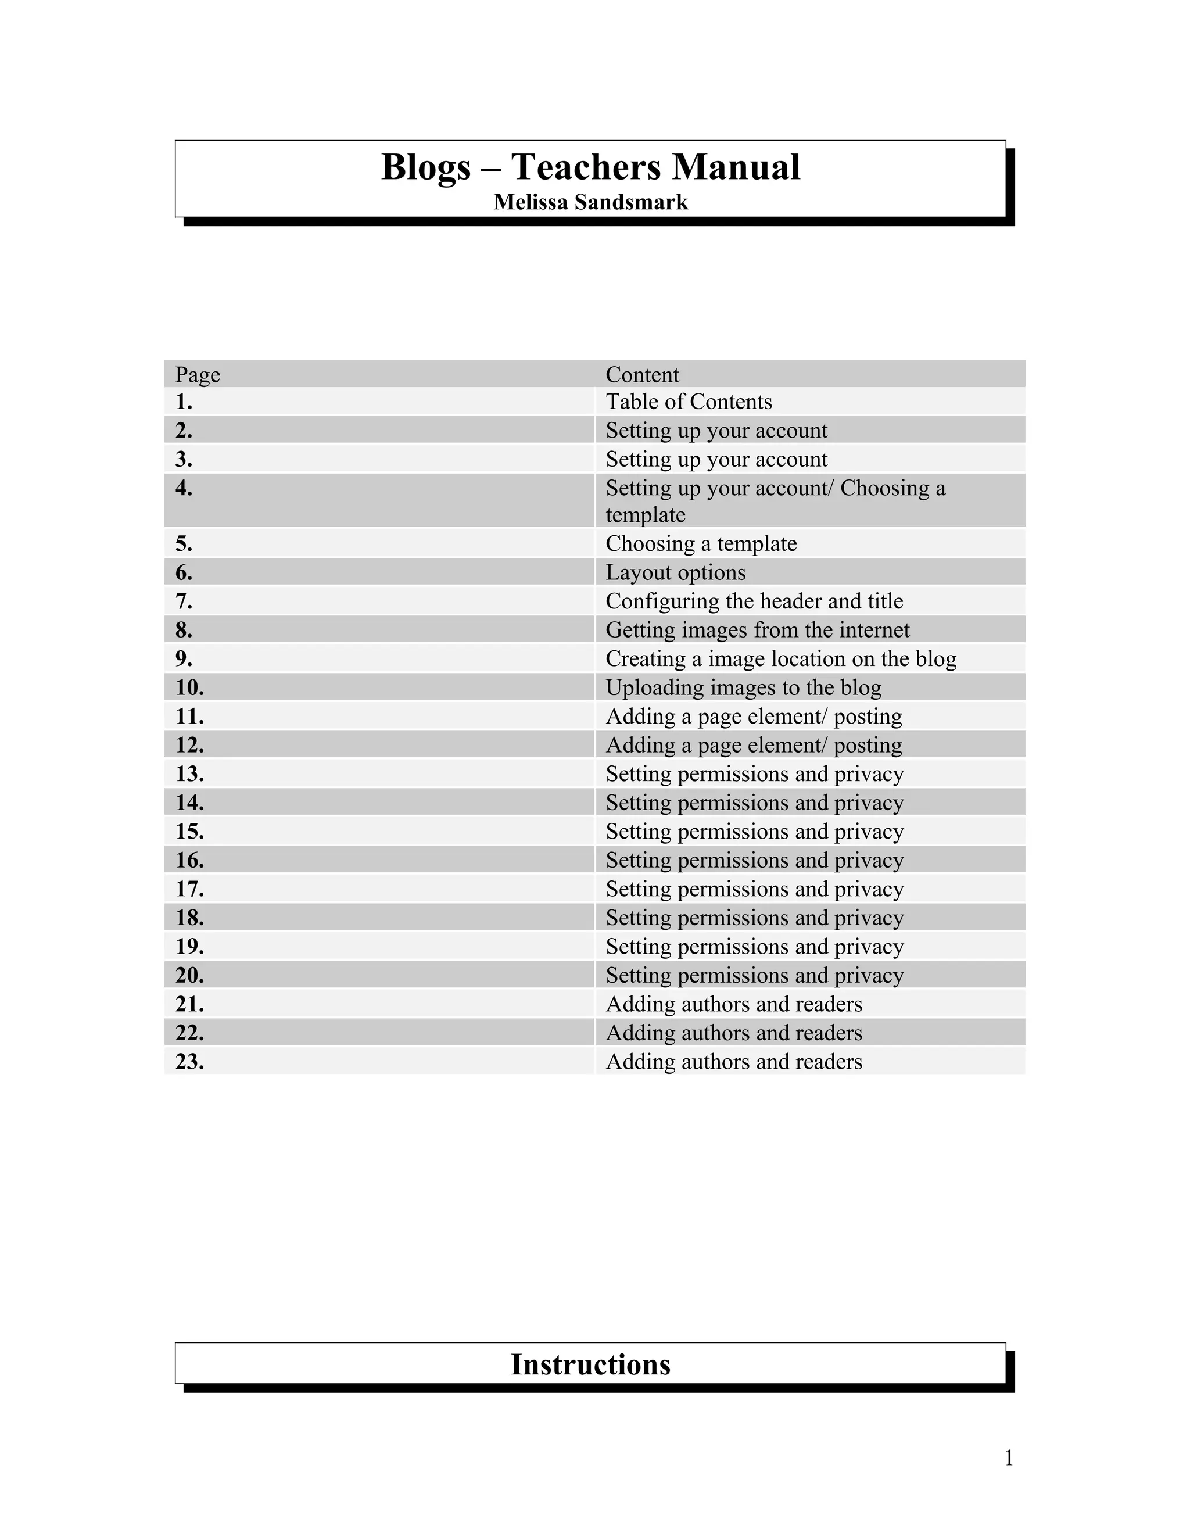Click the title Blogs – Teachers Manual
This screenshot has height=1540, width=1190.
(591, 168)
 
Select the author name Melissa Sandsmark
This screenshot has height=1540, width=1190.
(591, 202)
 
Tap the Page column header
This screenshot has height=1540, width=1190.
(198, 374)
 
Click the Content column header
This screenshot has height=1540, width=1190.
(642, 374)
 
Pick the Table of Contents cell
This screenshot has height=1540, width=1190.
(689, 402)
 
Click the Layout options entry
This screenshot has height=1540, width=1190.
(675, 572)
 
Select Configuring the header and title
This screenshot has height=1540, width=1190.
(754, 601)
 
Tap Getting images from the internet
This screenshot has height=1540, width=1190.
(757, 630)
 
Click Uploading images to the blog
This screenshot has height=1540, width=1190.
(743, 687)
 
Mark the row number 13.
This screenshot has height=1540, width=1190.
(189, 774)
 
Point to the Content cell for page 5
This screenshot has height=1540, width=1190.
(701, 544)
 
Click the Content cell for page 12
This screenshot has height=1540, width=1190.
(754, 746)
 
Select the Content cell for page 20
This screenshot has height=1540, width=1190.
(754, 975)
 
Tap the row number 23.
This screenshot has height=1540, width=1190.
(189, 1062)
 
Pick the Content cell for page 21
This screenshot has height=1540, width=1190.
(734, 1004)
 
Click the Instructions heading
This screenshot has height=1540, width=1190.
(591, 1364)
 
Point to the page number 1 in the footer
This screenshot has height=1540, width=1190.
(1009, 1457)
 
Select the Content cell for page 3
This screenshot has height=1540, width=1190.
(716, 460)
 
